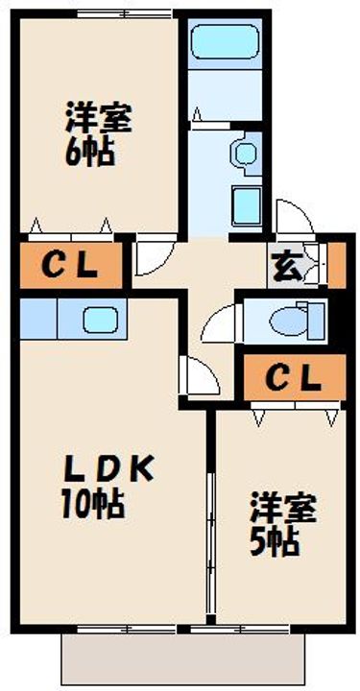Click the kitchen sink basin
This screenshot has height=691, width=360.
click(97, 317)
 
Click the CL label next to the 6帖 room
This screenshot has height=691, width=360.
click(68, 265)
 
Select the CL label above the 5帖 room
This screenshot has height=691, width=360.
click(292, 380)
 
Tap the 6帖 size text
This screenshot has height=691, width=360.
click(90, 155)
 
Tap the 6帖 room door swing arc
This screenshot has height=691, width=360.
click(151, 255)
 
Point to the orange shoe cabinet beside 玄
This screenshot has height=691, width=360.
click(336, 265)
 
